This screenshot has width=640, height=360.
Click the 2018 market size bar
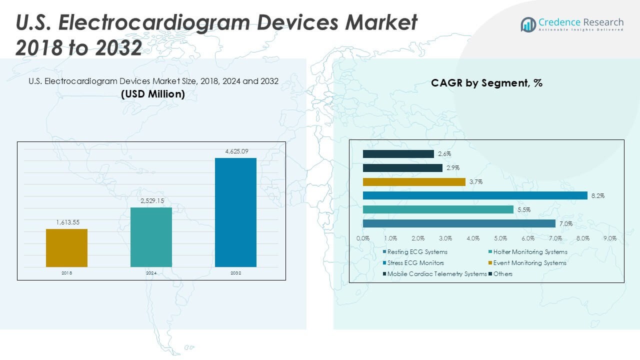tap(66, 248)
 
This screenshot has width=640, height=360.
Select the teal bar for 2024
tap(151, 237)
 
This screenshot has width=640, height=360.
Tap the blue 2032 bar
tap(235, 212)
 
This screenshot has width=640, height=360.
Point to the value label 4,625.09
tap(235, 151)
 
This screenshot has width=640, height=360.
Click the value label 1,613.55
tap(66, 222)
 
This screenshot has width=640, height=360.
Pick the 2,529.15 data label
tap(151, 200)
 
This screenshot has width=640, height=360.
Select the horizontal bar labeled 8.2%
tap(475, 195)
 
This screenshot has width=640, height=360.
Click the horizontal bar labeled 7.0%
tap(459, 223)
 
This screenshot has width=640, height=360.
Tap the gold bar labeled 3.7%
tap(414, 182)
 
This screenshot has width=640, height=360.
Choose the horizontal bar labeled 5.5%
tap(438, 209)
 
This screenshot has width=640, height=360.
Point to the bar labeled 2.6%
tap(398, 154)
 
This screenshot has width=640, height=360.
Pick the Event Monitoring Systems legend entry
tap(529, 263)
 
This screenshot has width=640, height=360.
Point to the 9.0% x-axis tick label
tap(610, 238)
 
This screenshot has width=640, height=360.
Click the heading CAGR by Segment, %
tap(486, 83)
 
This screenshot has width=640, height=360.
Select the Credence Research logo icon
tap(528, 24)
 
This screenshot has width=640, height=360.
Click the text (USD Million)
tap(153, 93)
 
